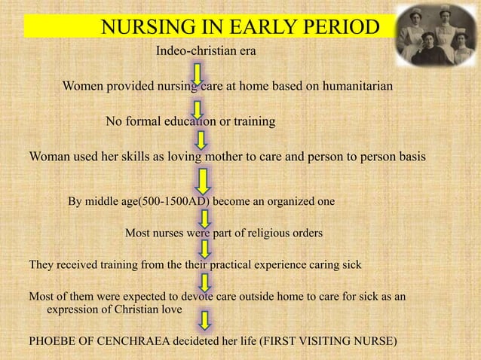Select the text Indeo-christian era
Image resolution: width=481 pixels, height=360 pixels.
tap(206, 51)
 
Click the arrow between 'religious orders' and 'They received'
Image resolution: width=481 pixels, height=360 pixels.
tap(205, 250)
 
